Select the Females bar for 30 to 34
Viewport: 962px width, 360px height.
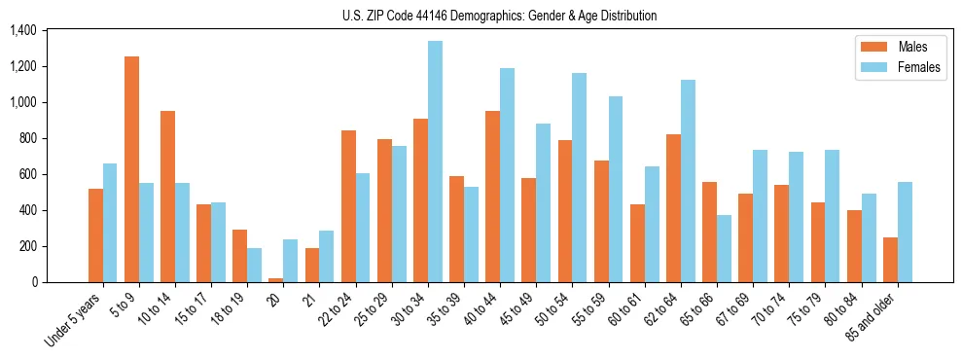(435, 162)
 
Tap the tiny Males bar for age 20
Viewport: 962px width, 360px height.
(276, 280)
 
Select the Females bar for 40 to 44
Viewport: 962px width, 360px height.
(507, 175)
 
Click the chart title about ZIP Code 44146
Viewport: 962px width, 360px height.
(499, 16)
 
